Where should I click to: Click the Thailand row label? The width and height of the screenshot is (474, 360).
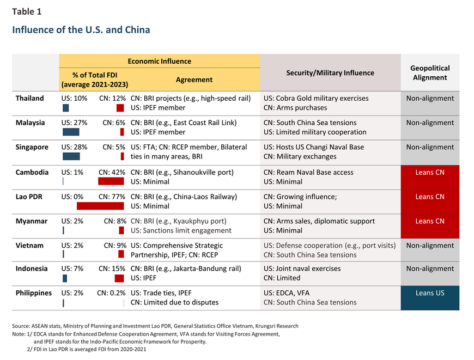[29, 98]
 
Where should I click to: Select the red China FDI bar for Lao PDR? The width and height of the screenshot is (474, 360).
[100, 206]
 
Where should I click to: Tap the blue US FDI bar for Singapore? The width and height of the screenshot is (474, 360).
[71, 156]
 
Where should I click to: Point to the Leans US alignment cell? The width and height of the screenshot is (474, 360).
[430, 298]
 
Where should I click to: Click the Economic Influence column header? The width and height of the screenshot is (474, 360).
[159, 62]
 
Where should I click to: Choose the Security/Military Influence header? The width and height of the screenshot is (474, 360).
[330, 73]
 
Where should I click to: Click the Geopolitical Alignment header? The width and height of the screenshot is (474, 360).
[430, 73]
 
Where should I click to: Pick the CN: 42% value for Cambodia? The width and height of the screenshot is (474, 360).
[112, 172]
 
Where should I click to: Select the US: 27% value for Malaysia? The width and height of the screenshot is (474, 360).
[74, 123]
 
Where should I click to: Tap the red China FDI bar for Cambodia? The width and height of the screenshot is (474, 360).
[111, 181]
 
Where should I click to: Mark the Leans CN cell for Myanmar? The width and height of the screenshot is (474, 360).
[430, 226]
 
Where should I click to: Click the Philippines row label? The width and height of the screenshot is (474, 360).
[34, 293]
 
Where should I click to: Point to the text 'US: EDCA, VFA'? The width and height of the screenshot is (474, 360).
[286, 293]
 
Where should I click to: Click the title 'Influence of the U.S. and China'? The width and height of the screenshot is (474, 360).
[81, 29]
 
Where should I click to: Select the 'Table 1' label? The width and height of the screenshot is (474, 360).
[27, 11]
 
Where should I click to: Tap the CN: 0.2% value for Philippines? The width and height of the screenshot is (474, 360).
[111, 293]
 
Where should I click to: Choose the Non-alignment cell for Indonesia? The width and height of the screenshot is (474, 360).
[430, 273]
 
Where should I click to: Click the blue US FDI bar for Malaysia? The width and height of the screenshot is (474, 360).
[71, 132]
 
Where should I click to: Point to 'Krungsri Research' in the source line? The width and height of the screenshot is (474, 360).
[277, 326]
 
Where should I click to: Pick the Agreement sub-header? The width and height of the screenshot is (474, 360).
[194, 80]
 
